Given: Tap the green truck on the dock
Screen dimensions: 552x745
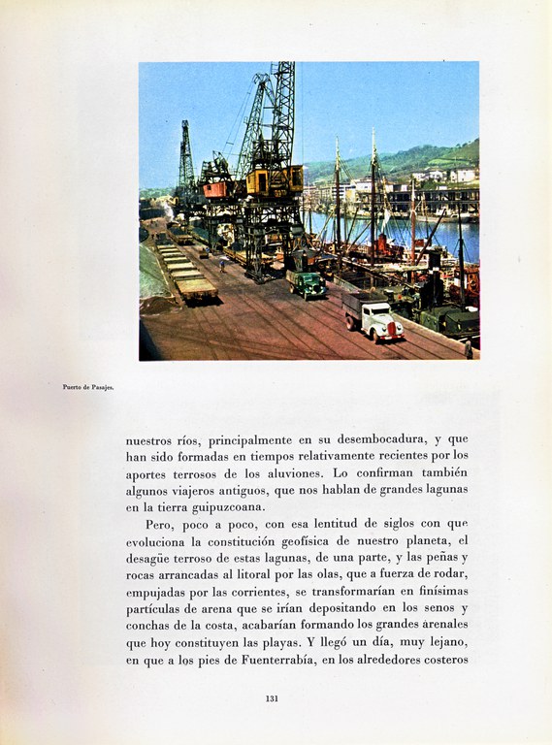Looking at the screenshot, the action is (x=307, y=285).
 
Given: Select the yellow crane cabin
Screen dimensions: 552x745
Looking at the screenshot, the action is (x=275, y=180).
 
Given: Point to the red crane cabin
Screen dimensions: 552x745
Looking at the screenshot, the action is (x=217, y=189).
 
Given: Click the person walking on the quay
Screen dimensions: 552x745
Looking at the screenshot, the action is (x=221, y=263).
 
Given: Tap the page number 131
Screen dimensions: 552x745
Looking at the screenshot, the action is (x=272, y=698).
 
